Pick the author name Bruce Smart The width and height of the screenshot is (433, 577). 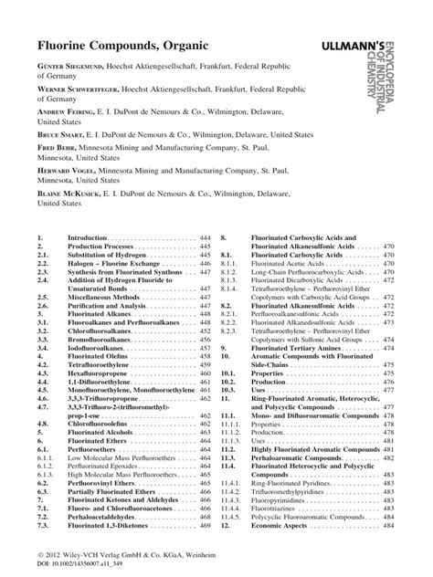[65, 131]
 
